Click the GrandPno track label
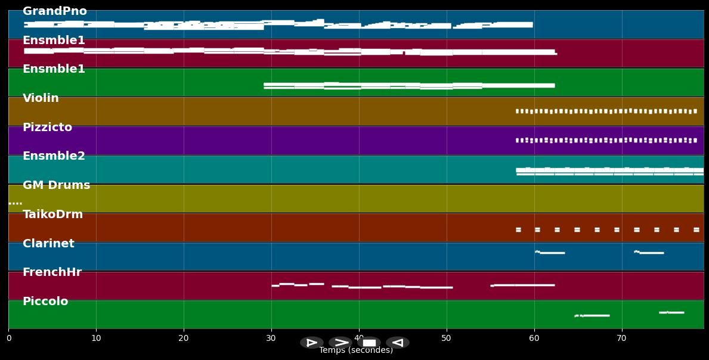tap(54, 11)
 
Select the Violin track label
tap(41, 98)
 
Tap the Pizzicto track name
tap(47, 128)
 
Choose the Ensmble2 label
tap(54, 156)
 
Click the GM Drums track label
tap(56, 185)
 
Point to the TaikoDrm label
tap(52, 215)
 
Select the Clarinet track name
tap(48, 244)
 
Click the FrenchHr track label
tap(52, 272)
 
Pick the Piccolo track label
tap(45, 302)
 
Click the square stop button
tap(369, 343)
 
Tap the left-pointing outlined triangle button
tap(398, 343)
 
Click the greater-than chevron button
tap(340, 343)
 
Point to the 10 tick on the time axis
tap(96, 339)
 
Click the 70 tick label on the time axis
tap(622, 339)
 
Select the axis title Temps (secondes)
tap(356, 350)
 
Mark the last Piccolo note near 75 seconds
tap(671, 312)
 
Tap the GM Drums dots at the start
tap(15, 204)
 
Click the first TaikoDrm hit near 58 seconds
tap(518, 229)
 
